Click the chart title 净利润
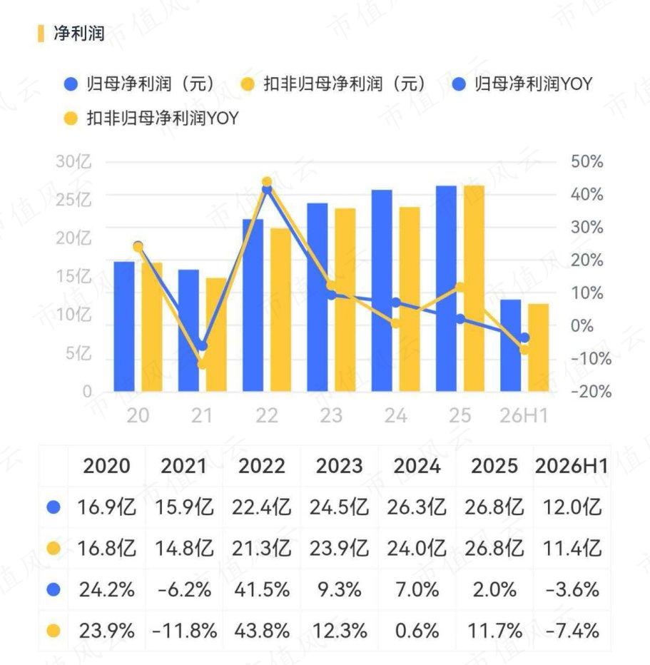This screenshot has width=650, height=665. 79,33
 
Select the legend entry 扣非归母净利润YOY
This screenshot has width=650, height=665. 151,118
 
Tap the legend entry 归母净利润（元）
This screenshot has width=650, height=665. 141,83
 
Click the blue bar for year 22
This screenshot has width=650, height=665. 253,305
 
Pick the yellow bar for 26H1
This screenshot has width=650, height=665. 539,347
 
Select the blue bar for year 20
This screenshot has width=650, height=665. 124,326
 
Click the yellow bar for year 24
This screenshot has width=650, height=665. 410,299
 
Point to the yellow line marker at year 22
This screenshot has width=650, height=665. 267,183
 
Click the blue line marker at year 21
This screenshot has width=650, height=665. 203,345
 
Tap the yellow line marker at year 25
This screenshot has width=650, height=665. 460,288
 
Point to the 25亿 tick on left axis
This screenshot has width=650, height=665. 73,199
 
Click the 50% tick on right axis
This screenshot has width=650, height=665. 586,161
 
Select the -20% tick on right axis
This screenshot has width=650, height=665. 591,391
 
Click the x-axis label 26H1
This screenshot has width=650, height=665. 524,415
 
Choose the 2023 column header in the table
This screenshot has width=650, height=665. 339,466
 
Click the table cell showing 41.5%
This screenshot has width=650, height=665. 262,589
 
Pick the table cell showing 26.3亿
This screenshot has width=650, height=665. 417,507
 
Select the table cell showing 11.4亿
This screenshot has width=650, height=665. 572,548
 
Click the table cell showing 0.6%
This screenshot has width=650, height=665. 417,631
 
